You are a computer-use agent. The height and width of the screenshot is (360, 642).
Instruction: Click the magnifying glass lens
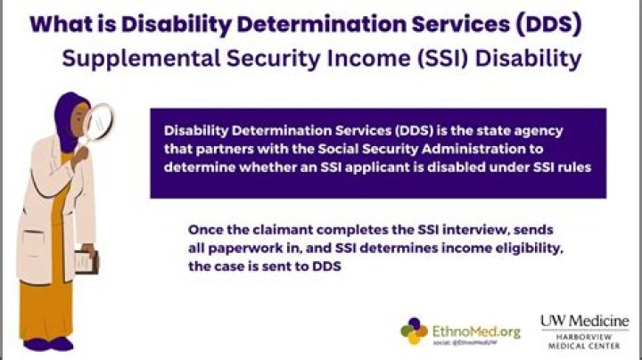99,122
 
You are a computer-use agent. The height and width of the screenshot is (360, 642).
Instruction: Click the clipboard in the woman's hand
86,262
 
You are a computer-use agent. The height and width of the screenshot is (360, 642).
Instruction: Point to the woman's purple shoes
48,344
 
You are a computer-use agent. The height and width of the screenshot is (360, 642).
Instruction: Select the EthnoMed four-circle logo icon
414,331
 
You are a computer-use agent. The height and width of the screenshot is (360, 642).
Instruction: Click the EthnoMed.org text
476,331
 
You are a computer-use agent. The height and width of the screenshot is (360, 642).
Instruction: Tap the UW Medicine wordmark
584,321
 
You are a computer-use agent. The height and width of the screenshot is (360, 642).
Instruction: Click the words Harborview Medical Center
584,341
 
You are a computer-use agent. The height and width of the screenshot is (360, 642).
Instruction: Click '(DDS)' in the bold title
548,25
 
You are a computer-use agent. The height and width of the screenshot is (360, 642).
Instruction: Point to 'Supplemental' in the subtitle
141,59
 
